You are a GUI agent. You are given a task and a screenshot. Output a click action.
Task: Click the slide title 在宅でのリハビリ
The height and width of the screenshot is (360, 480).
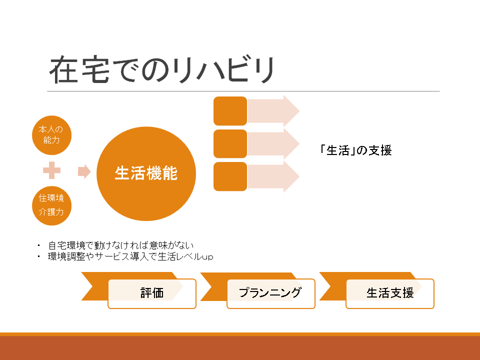[161, 70]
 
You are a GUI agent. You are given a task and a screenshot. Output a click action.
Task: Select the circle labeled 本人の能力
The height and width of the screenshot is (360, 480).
[51, 135]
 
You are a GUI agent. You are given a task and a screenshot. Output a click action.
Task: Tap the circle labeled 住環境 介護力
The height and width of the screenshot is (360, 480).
[51, 205]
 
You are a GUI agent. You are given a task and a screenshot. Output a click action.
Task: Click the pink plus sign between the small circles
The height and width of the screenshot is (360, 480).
[51, 170]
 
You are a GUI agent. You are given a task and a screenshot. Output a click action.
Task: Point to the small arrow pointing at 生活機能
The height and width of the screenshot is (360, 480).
[84, 171]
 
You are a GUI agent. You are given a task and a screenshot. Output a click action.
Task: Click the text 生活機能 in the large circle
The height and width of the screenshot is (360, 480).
[146, 173]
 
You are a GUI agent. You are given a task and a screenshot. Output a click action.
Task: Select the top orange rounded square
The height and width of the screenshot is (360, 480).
[230, 111]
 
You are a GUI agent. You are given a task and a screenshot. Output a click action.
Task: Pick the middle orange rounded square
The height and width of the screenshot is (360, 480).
[230, 143]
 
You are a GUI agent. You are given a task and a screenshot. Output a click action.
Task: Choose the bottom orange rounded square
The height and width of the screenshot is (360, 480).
[230, 176]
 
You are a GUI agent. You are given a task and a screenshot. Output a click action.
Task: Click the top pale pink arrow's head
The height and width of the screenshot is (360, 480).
[291, 111]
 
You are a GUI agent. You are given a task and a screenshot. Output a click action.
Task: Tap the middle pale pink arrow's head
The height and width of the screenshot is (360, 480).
[291, 143]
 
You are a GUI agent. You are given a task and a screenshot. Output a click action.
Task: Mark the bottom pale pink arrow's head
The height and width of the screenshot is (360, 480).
[291, 176]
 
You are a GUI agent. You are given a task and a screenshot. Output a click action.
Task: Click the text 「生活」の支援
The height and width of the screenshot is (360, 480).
[355, 150]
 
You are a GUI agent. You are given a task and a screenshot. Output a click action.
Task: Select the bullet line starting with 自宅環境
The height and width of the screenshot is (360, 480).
[121, 245]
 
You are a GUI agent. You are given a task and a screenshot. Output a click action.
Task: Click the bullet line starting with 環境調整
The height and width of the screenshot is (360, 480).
[130, 256]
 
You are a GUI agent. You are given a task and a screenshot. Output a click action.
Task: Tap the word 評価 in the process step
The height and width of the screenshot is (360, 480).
[152, 293]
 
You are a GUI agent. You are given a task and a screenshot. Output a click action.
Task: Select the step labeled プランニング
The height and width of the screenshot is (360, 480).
[270, 293]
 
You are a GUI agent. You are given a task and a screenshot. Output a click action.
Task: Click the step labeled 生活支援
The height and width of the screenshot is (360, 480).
[390, 293]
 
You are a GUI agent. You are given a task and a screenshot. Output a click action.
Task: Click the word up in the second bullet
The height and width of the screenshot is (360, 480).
[207, 257]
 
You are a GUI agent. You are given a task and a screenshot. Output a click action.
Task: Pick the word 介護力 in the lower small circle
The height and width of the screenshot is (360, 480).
[51, 212]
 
